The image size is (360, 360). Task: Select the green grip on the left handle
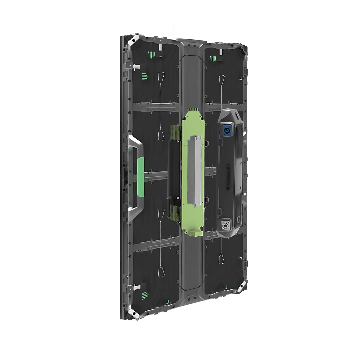coord(140,177)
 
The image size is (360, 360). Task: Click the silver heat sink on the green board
coord(195,170)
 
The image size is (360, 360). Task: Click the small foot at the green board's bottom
coord(197,233)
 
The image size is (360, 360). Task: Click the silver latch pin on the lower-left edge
coord(137,287)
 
